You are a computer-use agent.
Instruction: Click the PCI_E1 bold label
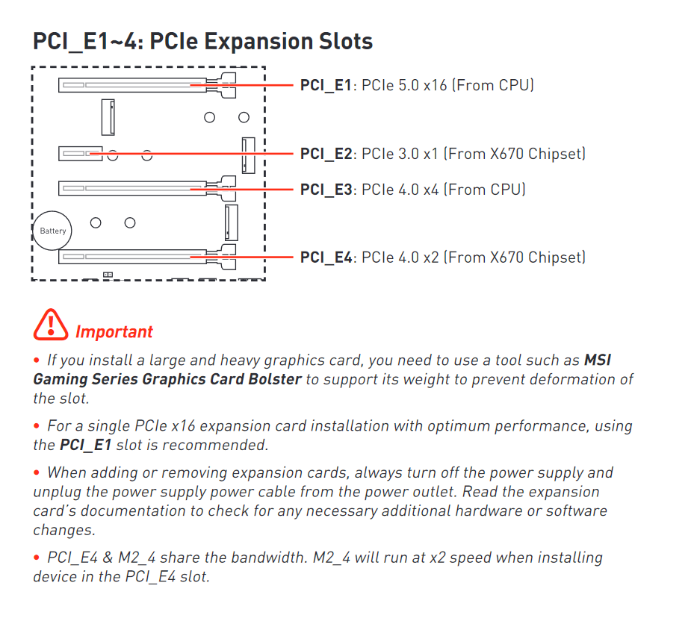pyautogui.click(x=325, y=85)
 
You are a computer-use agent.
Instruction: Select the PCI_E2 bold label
pyautogui.click(x=325, y=154)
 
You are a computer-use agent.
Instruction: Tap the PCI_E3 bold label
pyautogui.click(x=325, y=190)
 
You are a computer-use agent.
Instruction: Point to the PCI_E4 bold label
pyautogui.click(x=325, y=257)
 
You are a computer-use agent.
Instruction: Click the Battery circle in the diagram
pyautogui.click(x=53, y=231)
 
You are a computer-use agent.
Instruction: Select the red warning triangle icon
pyautogui.click(x=50, y=325)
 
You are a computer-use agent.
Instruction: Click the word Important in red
pyautogui.click(x=114, y=332)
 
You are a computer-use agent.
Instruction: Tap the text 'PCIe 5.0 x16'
pyautogui.click(x=404, y=85)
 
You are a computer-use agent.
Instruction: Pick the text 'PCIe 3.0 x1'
pyautogui.click(x=400, y=154)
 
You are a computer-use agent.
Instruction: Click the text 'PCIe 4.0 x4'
pyautogui.click(x=400, y=190)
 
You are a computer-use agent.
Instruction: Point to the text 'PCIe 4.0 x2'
pyautogui.click(x=400, y=257)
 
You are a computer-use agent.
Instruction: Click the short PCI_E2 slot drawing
pyautogui.click(x=80, y=154)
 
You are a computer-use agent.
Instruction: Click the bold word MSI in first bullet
pyautogui.click(x=598, y=360)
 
